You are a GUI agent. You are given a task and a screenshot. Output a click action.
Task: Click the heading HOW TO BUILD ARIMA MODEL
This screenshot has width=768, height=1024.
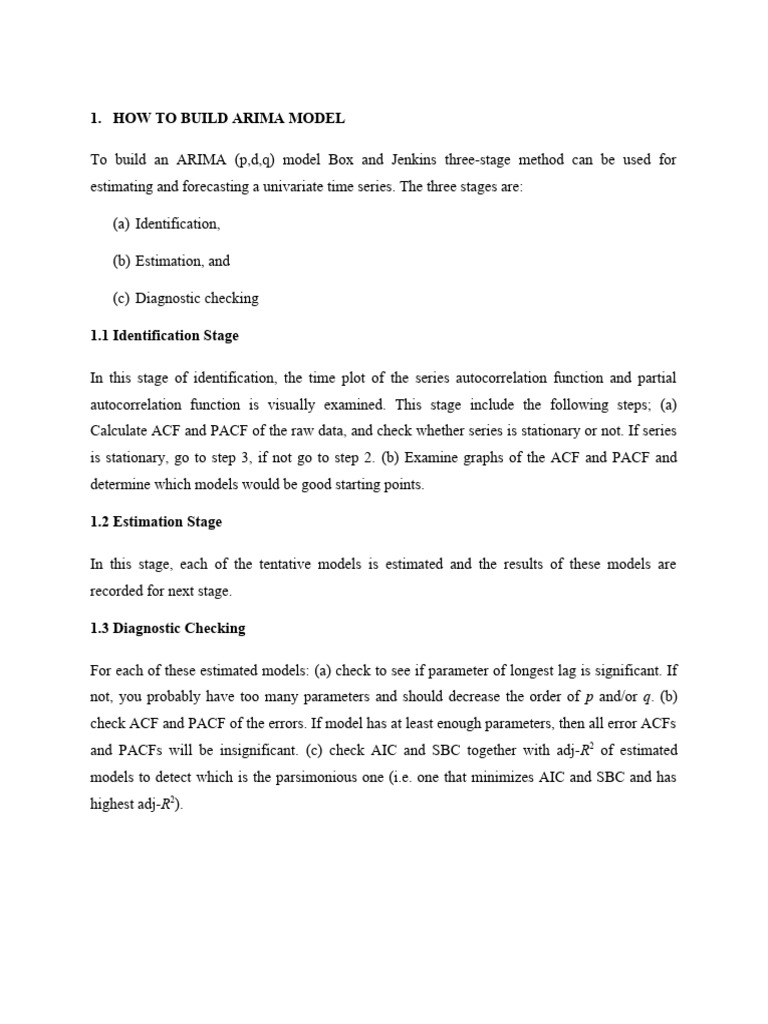(229, 118)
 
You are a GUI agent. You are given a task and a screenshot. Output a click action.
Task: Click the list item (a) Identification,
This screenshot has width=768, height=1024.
(166, 224)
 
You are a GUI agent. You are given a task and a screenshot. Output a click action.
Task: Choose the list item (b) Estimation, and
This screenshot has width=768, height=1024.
(171, 261)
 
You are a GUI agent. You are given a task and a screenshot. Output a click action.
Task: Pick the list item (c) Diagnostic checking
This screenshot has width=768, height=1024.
(185, 298)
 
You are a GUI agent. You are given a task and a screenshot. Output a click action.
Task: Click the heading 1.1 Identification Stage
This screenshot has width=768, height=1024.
(164, 335)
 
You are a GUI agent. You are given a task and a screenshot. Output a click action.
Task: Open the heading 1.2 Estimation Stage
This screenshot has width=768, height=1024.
(156, 522)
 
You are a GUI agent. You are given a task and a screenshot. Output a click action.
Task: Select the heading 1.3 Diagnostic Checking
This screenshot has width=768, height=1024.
(167, 628)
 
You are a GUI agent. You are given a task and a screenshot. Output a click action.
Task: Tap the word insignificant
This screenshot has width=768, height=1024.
(276, 750)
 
